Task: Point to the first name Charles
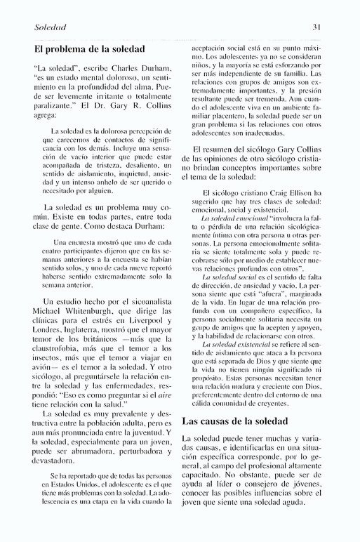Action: [114, 71]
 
